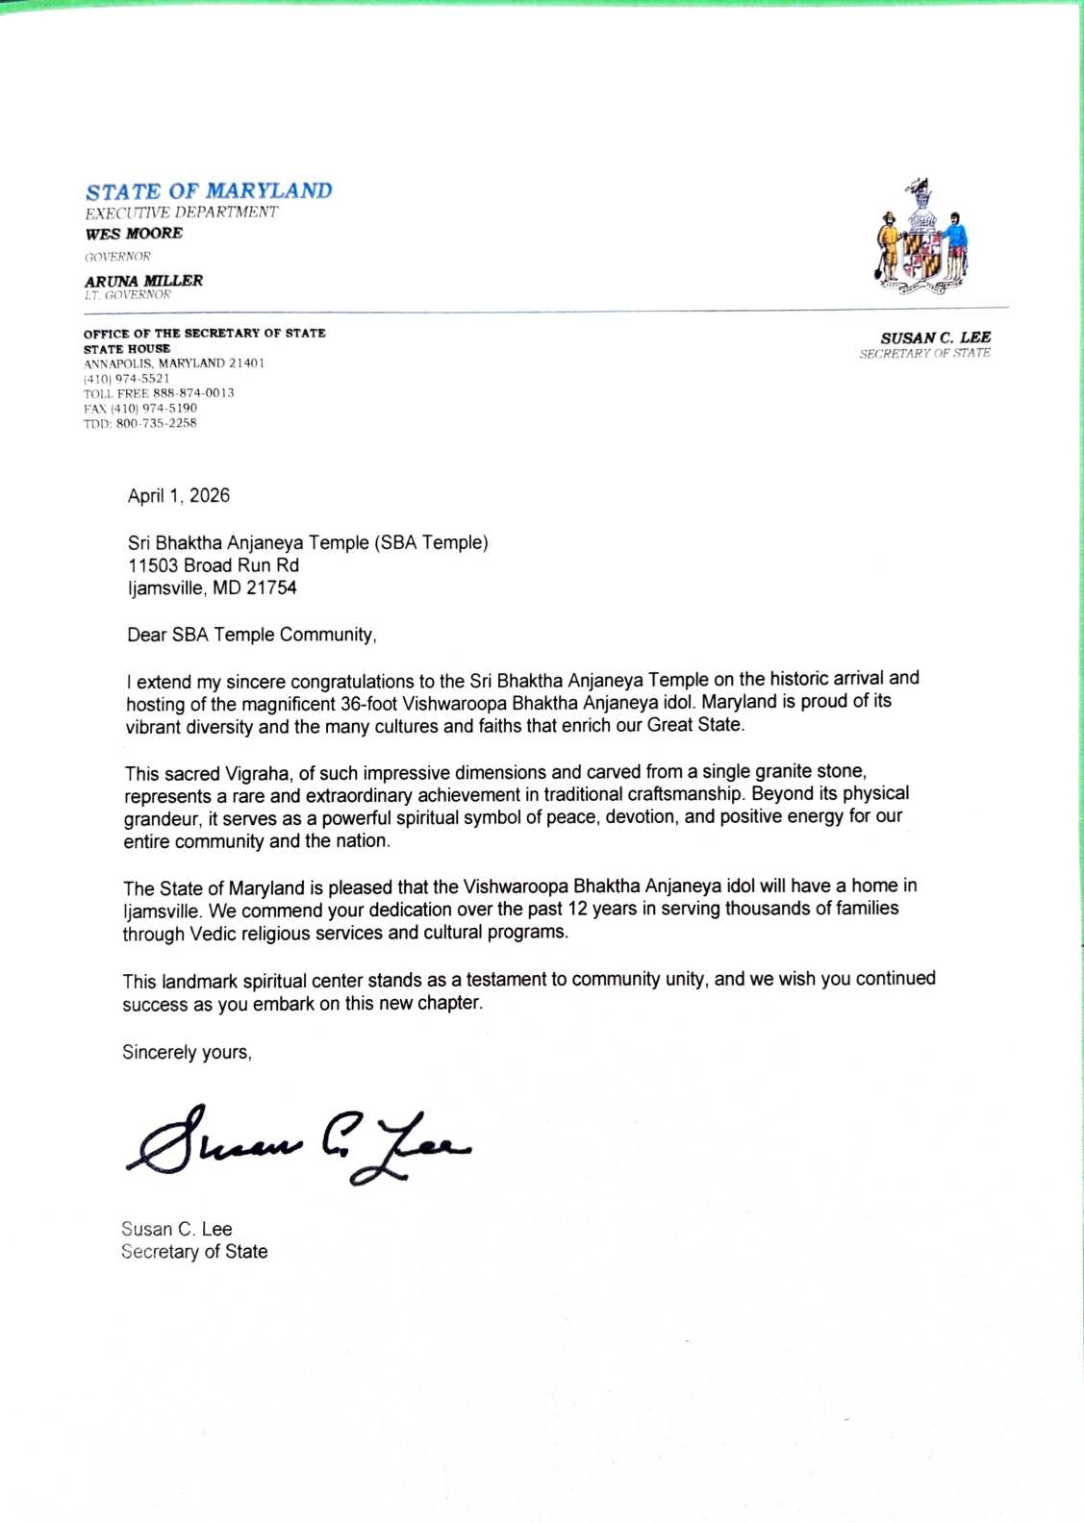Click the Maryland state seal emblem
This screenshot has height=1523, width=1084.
(922, 237)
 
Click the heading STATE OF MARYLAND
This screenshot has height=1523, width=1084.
(209, 191)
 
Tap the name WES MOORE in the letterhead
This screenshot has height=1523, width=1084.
(134, 234)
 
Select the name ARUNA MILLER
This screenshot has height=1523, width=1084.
(143, 281)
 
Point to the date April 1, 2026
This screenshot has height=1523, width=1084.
(179, 496)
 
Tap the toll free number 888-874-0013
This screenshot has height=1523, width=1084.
(193, 393)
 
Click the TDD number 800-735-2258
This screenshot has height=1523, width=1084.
(156, 423)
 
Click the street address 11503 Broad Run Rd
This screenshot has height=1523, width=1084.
(214, 565)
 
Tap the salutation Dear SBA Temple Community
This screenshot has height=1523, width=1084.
(252, 635)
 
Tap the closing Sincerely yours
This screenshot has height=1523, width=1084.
(187, 1052)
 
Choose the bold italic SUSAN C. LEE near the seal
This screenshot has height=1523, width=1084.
(935, 337)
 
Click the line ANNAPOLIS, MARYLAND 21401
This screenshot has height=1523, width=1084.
(174, 363)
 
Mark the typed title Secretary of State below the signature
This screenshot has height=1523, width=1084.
(194, 1252)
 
